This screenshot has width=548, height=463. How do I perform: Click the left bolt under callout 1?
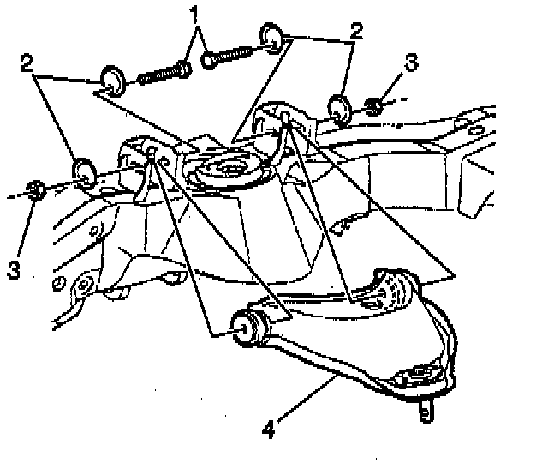163,72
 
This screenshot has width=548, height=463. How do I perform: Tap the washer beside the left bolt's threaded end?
112,80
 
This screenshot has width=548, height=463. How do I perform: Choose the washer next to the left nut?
83,172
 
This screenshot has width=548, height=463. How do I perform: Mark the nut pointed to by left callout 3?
33,189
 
